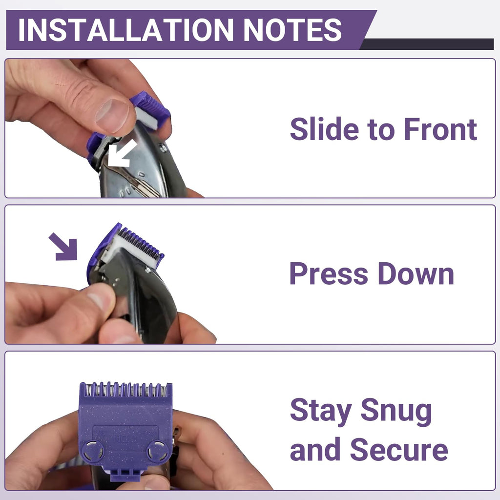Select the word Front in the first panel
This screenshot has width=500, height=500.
tap(440, 129)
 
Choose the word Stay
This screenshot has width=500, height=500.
tap(320, 411)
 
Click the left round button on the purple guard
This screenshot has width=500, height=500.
tap(92, 451)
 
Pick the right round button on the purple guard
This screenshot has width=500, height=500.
tap(158, 451)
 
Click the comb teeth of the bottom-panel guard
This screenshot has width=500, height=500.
tap(125, 389)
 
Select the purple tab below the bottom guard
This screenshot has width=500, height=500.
tap(125, 472)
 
